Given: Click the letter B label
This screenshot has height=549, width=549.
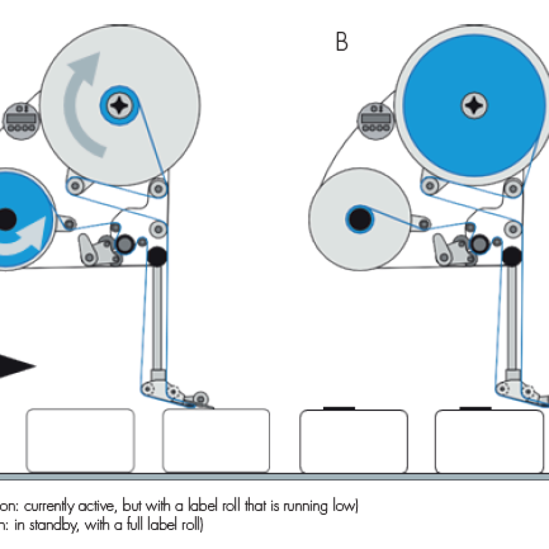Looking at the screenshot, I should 341,42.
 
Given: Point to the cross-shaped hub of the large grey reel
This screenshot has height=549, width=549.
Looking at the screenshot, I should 119,103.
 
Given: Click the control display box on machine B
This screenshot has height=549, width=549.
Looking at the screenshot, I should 376,119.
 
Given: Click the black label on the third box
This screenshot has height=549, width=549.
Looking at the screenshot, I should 339,408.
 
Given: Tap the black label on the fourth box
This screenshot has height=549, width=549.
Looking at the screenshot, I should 475,408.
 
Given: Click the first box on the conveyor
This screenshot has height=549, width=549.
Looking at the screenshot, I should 80,440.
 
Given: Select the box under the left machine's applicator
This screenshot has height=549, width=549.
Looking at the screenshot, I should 216,440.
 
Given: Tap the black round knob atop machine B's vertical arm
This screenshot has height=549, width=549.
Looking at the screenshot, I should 512,255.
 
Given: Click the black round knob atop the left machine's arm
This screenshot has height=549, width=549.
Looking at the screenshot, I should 157,255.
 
